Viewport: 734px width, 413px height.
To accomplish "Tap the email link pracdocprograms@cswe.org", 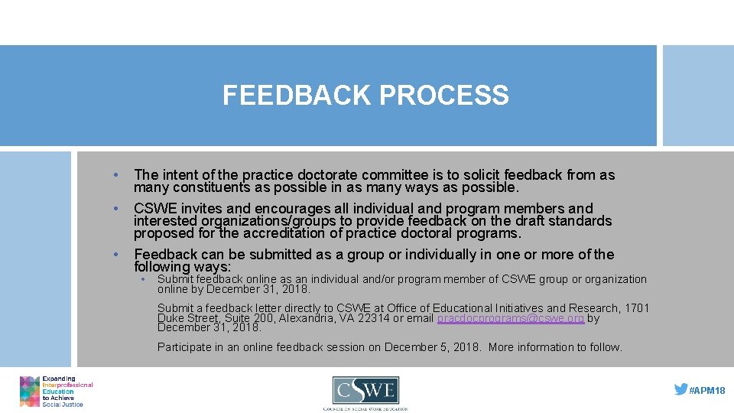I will [x=511, y=318].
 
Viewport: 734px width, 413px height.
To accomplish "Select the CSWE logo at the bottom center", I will [x=365, y=392].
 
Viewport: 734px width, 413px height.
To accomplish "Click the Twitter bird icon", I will [x=680, y=389].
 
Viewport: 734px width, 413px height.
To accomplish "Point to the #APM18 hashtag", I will [x=707, y=390].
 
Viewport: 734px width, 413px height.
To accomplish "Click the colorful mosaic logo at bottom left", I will [x=30, y=391].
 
